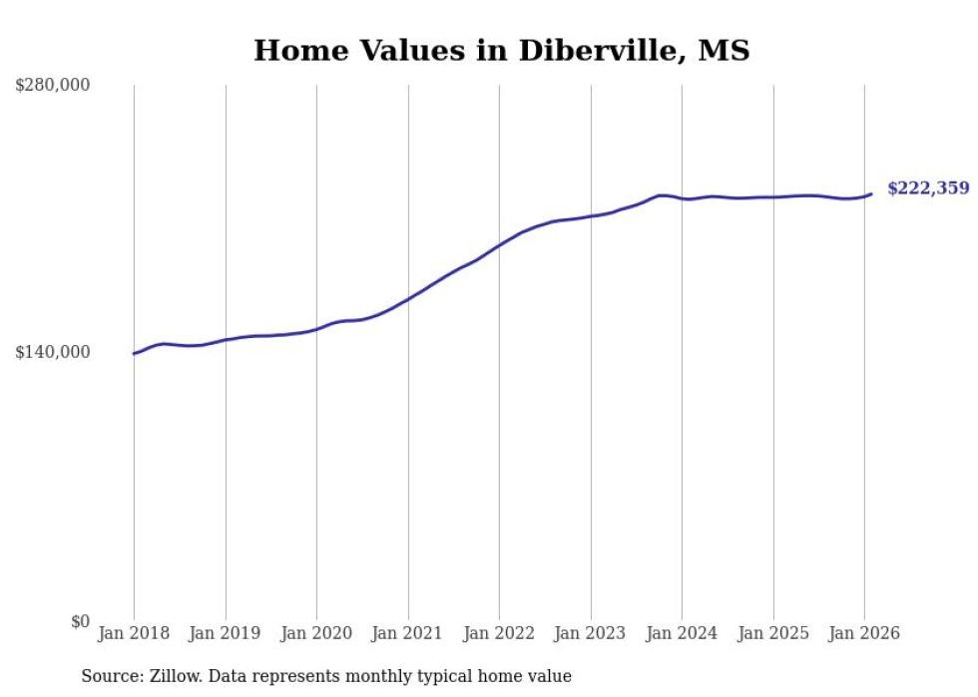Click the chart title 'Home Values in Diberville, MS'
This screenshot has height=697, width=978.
tap(501, 50)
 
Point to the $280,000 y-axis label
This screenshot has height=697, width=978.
tap(52, 86)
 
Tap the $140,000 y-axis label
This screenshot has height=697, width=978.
tap(52, 352)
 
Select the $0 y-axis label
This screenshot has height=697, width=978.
tap(81, 621)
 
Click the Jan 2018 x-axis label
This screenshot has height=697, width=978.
tap(134, 633)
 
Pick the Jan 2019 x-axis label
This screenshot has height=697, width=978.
tap(225, 633)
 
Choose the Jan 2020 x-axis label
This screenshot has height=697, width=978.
tap(316, 633)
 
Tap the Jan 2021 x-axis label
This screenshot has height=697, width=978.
tap(407, 633)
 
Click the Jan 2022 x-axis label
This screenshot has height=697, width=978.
tap(499, 633)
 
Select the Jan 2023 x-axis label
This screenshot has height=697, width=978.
tap(590, 633)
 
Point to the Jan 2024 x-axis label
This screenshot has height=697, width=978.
tap(682, 633)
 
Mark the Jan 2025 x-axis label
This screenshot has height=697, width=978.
tap(772, 633)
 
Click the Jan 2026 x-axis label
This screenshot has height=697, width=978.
tap(864, 633)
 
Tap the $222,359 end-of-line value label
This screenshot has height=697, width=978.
tap(927, 187)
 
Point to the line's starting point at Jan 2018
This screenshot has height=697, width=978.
tap(134, 354)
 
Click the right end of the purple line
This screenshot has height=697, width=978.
tap(871, 193)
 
